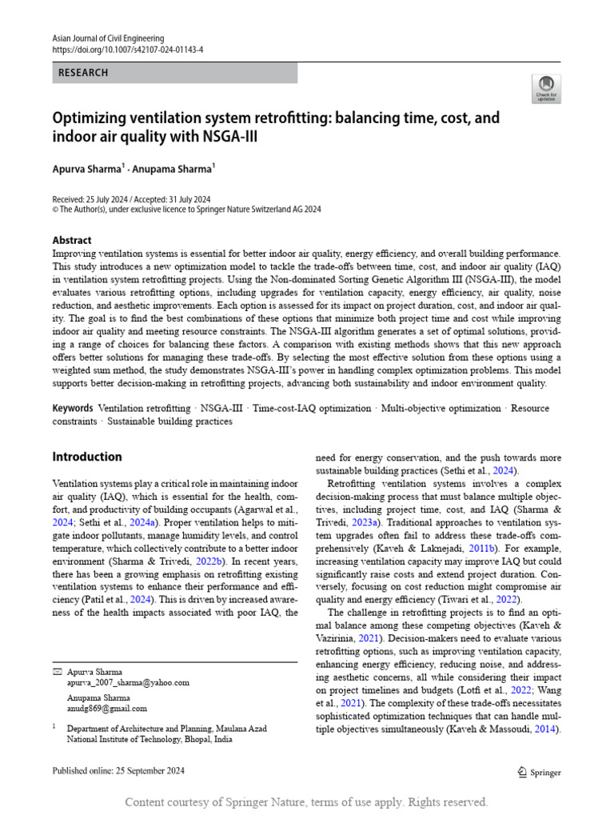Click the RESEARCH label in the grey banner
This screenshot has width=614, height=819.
83,73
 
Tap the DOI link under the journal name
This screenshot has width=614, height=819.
128,49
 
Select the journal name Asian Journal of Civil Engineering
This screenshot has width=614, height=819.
108,38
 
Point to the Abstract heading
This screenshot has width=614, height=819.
72,240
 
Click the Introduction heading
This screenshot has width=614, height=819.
87,457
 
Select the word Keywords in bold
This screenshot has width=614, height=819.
73,408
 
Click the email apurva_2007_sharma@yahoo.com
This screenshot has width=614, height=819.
128,682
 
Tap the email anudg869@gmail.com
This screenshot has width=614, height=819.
106,708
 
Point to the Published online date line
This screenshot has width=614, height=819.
118,771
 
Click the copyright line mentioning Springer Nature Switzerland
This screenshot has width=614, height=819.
186,209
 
